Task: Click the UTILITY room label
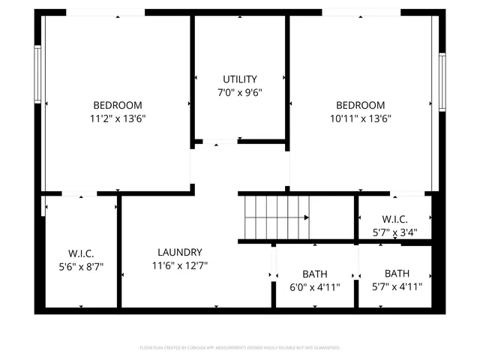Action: point(240,79)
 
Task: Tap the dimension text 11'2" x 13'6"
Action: point(117,118)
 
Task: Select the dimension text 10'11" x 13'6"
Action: point(361,118)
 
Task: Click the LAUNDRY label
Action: point(179,252)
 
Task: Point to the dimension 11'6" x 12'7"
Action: point(179,265)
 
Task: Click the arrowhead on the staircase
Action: point(306,217)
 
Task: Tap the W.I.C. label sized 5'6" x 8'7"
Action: point(81,253)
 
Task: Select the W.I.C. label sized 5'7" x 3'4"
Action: point(394,219)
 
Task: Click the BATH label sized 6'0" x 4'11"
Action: point(315,274)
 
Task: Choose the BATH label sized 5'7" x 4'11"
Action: point(397,273)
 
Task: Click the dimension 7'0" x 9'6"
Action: point(240,92)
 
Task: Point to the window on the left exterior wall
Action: point(37,75)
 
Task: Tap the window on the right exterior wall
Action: point(442,80)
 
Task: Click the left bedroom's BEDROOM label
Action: point(117,105)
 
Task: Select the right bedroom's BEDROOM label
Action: point(361,105)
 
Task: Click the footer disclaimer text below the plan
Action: point(240,347)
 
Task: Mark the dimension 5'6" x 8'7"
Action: point(81,266)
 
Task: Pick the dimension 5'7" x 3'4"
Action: point(394,232)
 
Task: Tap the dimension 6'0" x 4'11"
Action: point(315,286)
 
